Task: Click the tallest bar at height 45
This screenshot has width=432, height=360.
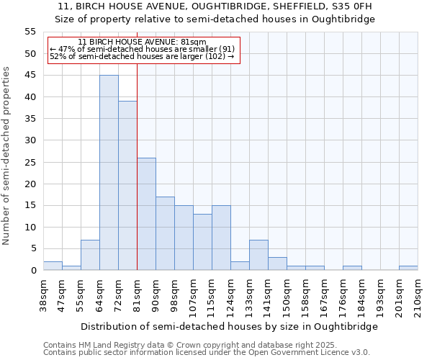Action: point(109,173)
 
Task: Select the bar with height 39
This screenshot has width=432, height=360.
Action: point(127,186)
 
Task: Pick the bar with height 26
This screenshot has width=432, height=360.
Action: point(146,214)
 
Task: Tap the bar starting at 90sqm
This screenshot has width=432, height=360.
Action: point(165,233)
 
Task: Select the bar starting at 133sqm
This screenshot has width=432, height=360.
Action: point(258,255)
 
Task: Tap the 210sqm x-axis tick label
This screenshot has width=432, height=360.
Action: point(418,296)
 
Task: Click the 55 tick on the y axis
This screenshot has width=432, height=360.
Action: point(30,32)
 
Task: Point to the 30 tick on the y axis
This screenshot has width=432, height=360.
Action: point(30,140)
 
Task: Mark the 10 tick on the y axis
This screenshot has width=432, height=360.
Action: point(30,227)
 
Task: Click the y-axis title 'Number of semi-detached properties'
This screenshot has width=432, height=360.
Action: point(7,156)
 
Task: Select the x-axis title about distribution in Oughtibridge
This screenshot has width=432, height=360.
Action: point(230,326)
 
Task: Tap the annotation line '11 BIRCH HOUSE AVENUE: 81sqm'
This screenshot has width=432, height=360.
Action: point(142,42)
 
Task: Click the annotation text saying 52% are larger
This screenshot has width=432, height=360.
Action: point(142,56)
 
